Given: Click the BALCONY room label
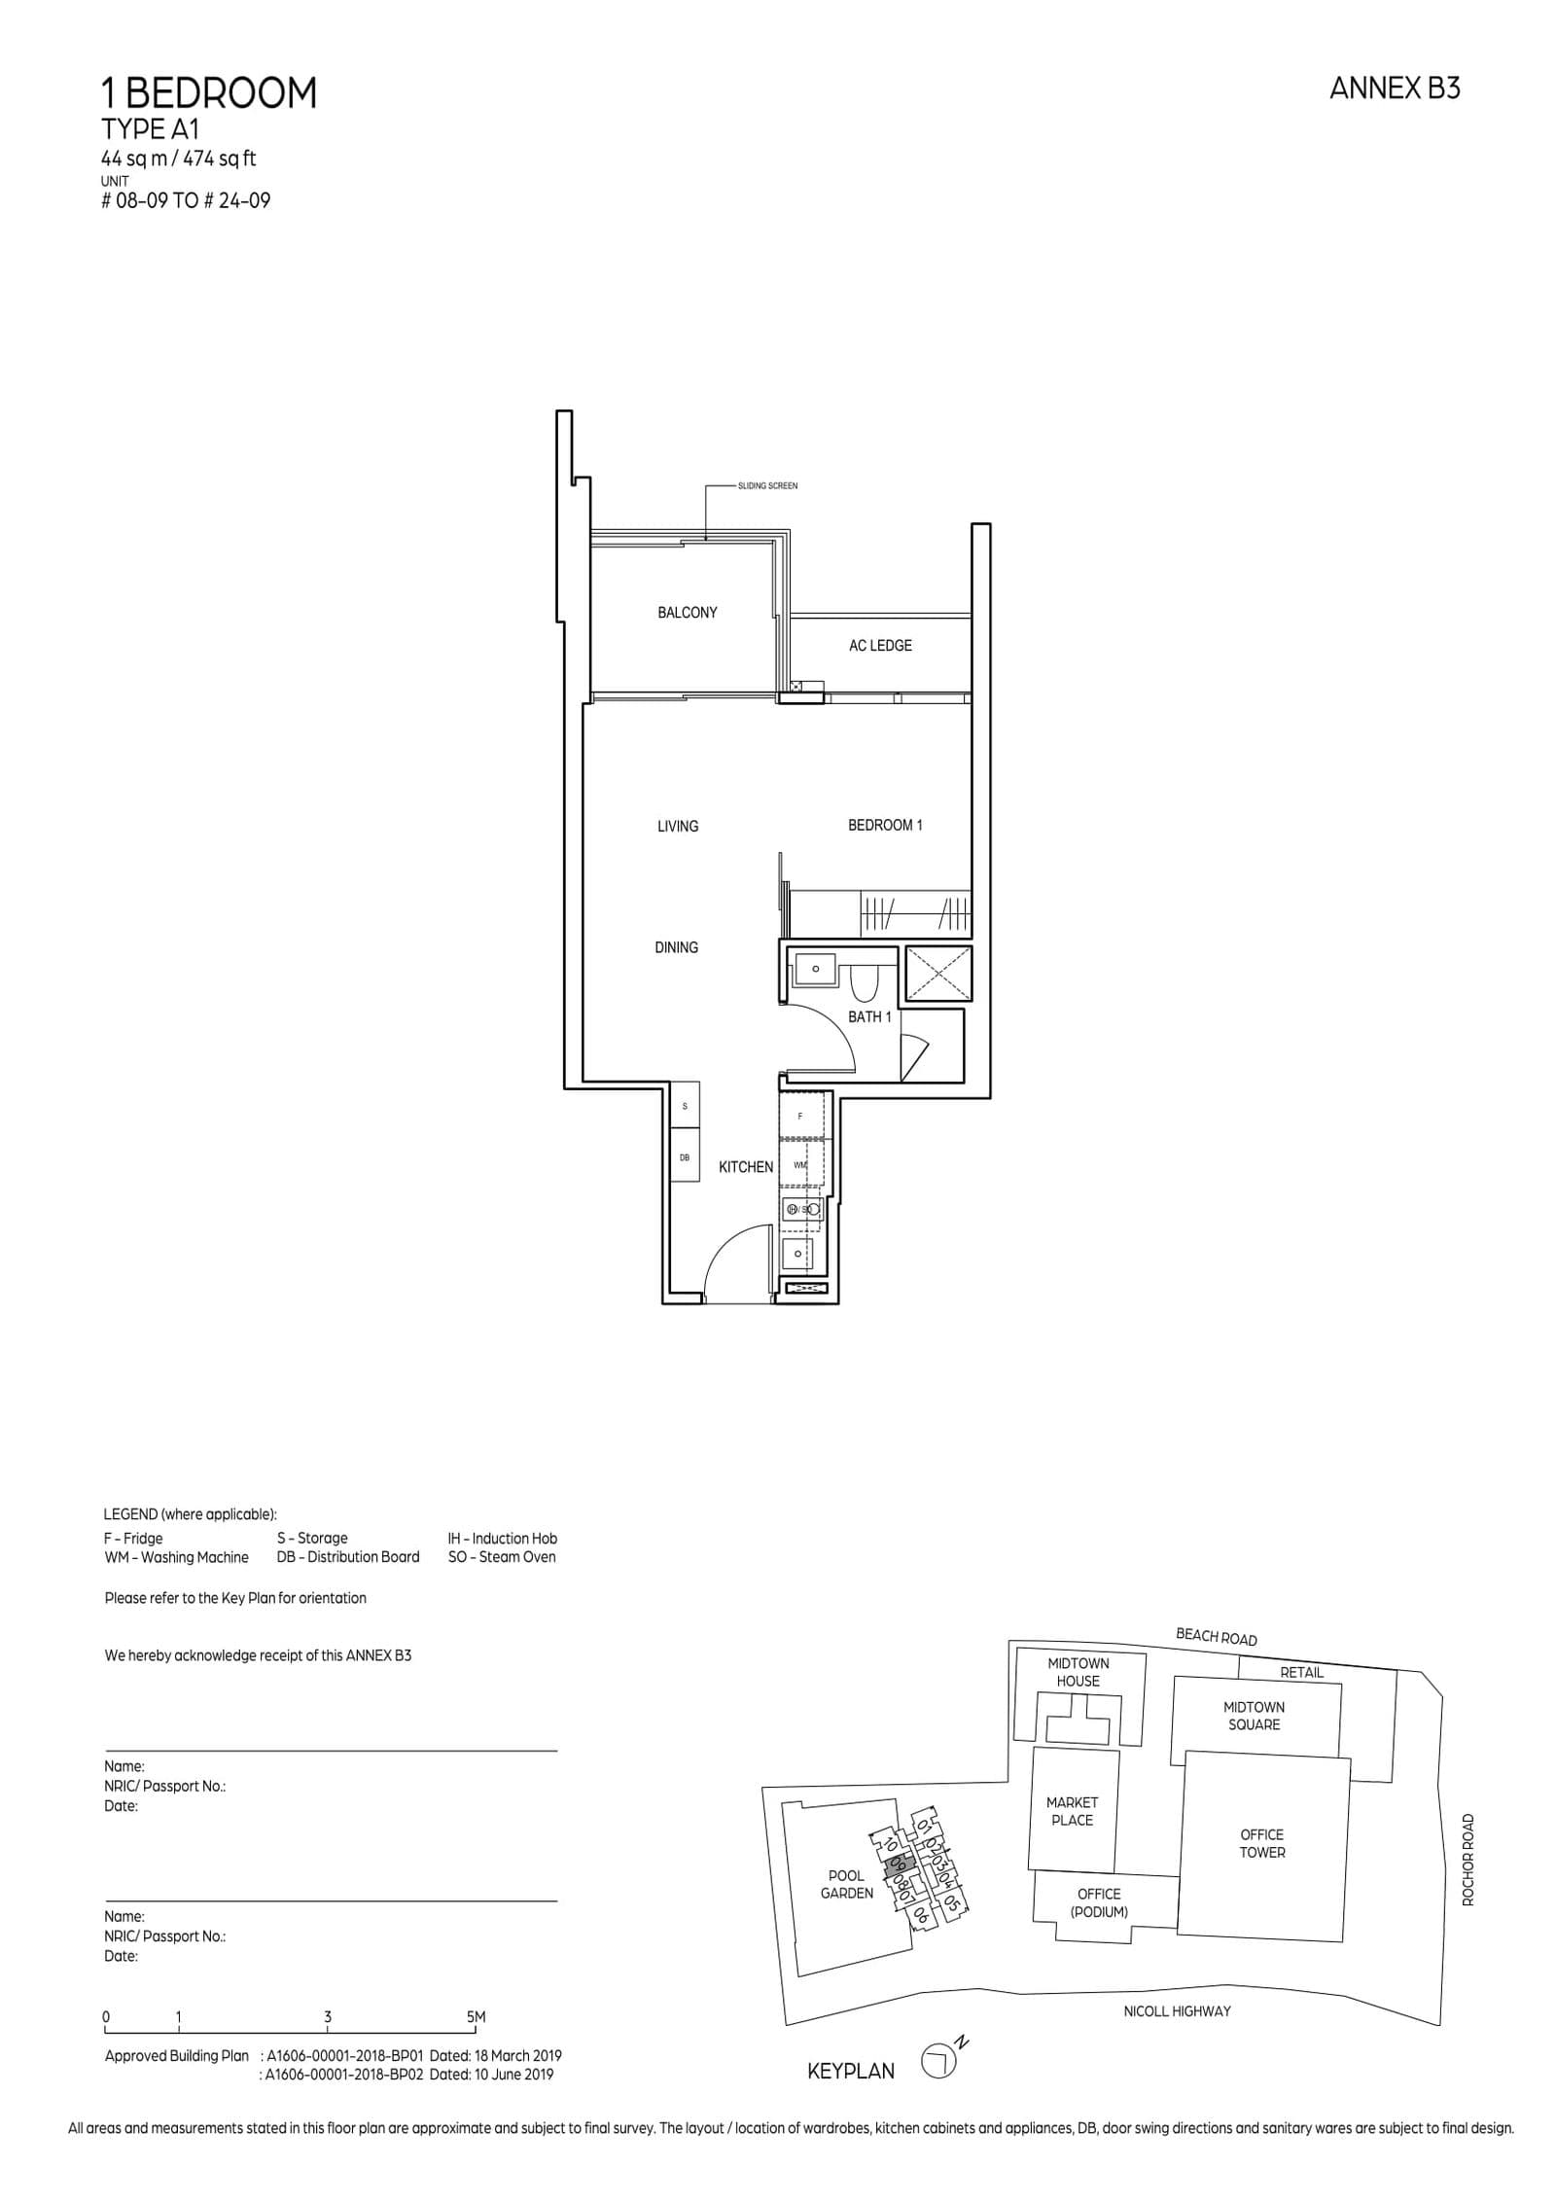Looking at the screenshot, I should (x=687, y=613).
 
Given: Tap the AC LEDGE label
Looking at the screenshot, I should (x=879, y=646).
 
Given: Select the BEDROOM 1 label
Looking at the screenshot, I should (x=884, y=825).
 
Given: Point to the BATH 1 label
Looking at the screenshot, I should (x=868, y=1016).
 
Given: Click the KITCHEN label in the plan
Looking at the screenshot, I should (x=745, y=1167).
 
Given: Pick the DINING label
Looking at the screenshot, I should (x=676, y=947).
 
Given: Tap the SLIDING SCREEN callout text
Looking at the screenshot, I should (x=767, y=486).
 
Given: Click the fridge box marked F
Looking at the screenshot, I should (x=800, y=1116).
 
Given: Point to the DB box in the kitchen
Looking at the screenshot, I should (x=685, y=1157).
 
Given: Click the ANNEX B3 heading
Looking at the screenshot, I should (x=1394, y=89).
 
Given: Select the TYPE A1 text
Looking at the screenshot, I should (x=150, y=130).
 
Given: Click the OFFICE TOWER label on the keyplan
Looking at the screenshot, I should (x=1261, y=1843).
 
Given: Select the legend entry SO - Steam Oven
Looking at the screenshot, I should (x=501, y=1557).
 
